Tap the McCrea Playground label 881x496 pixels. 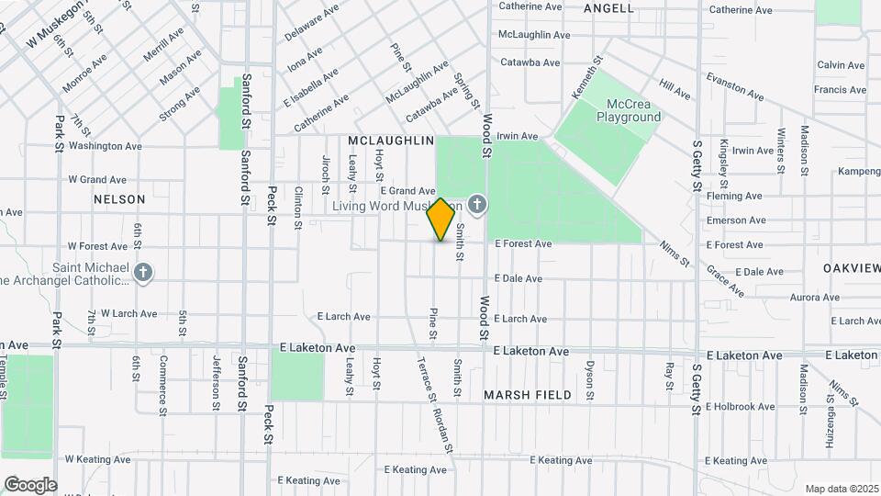point(629,110)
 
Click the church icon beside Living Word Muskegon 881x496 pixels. point(476,203)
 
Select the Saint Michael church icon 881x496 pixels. point(143,272)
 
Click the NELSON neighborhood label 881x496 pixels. point(119,199)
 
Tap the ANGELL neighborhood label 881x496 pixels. point(608,8)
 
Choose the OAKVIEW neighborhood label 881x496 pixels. point(853,267)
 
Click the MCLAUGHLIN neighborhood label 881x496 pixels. point(391,141)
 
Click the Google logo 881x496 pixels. point(30,485)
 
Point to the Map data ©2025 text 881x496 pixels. point(842,489)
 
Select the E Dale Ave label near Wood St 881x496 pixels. point(519,278)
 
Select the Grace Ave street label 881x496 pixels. point(725,281)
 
